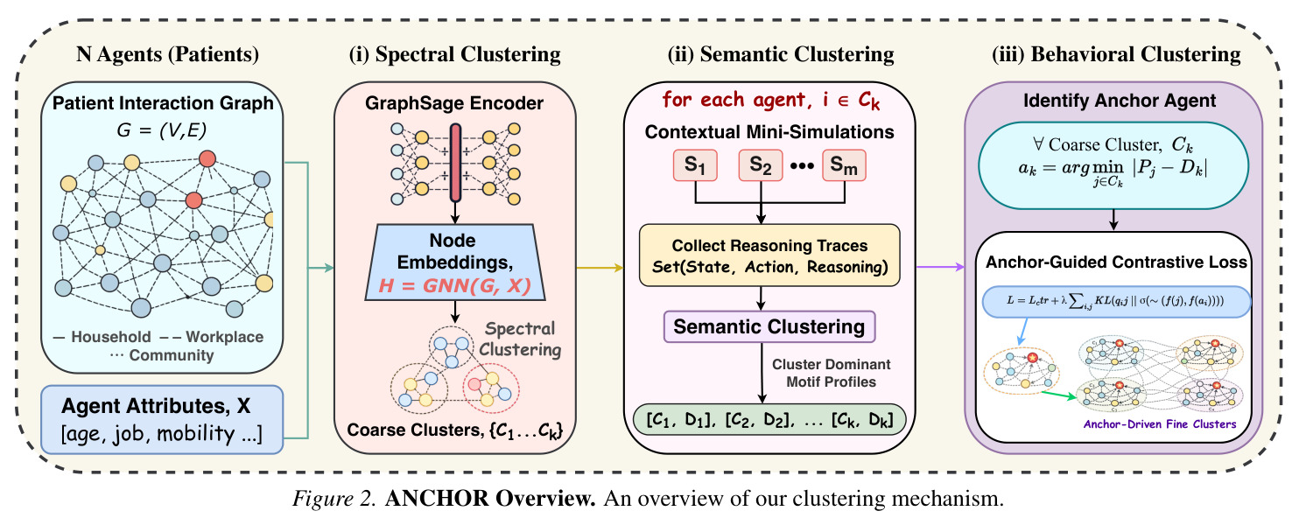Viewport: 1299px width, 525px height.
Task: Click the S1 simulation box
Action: pyautogui.click(x=695, y=165)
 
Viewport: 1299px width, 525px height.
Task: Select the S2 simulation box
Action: pyautogui.click(x=761, y=165)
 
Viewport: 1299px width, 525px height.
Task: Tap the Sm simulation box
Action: pyautogui.click(x=844, y=165)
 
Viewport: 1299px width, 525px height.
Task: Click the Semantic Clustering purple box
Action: pyautogui.click(x=769, y=327)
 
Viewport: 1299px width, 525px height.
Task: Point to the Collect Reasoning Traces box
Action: pyautogui.click(x=769, y=255)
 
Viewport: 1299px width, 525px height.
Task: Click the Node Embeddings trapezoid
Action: pyautogui.click(x=455, y=262)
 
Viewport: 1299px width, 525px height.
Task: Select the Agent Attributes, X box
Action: pyautogui.click(x=162, y=419)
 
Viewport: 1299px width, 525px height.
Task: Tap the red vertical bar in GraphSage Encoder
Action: pyautogui.click(x=455, y=163)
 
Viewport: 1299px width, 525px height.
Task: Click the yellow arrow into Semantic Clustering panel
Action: pyautogui.click(x=600, y=268)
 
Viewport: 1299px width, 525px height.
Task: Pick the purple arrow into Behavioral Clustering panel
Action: pyautogui.click(x=941, y=267)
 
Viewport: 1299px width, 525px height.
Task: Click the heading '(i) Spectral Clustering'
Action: pyautogui.click(x=454, y=54)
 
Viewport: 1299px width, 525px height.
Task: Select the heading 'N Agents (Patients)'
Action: pyautogui.click(x=167, y=54)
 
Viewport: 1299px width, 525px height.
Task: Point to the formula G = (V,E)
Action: pyautogui.click(x=162, y=129)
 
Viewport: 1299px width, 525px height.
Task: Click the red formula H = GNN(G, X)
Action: pyautogui.click(x=454, y=285)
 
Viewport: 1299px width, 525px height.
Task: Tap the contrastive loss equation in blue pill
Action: pyautogui.click(x=1116, y=301)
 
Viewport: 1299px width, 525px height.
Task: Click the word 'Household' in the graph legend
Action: pyautogui.click(x=111, y=337)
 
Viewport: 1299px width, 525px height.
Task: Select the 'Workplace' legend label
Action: pyautogui.click(x=224, y=337)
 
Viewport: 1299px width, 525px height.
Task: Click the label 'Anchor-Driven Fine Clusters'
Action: pyautogui.click(x=1160, y=424)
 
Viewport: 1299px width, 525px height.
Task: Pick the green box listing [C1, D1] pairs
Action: pyautogui.click(x=769, y=419)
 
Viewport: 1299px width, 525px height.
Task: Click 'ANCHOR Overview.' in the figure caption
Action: pyautogui.click(x=490, y=499)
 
